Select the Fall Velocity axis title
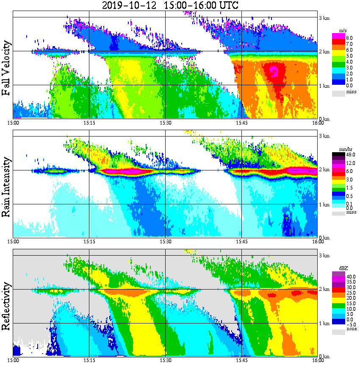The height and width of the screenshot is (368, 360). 6,68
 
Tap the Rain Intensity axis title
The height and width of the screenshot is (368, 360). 6,187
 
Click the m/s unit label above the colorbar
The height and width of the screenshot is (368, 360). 343,31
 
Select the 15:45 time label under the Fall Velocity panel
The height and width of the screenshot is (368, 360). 241,123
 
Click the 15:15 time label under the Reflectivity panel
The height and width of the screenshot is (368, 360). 89,360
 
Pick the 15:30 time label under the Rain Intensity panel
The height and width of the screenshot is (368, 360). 165,242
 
